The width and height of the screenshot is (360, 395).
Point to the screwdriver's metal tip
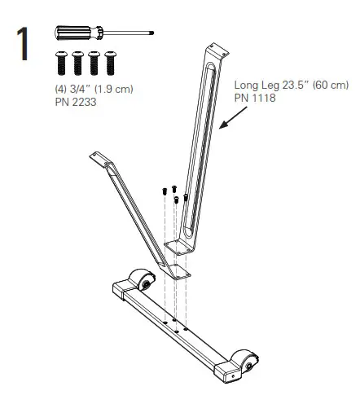[x=152, y=33]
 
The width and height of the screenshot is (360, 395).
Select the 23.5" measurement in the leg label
[x=297, y=85]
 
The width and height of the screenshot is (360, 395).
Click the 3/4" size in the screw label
[x=80, y=89]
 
